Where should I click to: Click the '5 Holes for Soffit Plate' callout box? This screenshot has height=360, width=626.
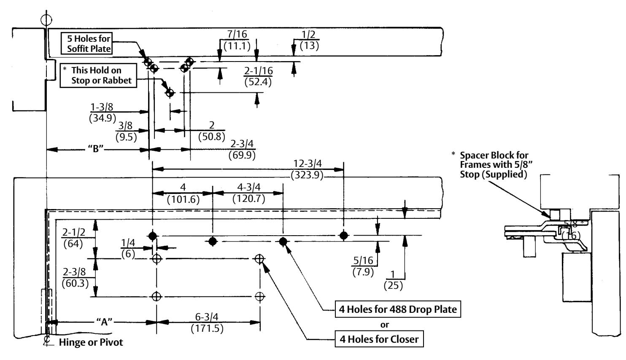pos(86,43)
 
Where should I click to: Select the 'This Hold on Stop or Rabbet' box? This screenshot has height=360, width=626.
pos(98,75)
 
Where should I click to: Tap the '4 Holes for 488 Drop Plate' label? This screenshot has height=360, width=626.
pos(398,309)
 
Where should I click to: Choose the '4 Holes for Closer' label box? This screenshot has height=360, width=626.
pos(379,339)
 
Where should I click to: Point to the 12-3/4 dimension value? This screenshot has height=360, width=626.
pos(308,164)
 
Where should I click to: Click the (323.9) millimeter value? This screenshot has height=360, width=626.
pos(307,175)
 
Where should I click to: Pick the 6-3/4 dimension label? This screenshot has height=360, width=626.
pos(207,317)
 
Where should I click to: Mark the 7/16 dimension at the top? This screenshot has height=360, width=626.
pos(237,34)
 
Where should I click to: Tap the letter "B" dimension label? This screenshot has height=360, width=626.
pos(96,149)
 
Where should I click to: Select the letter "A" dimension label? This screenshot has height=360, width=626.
pos(104,322)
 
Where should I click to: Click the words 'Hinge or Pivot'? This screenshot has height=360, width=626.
pos(91,342)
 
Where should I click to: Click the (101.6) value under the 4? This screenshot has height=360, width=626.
pos(183,200)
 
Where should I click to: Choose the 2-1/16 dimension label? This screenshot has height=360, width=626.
pos(259,71)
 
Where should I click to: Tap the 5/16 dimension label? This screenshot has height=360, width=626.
pos(363,260)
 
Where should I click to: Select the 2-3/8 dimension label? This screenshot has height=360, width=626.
pos(74,272)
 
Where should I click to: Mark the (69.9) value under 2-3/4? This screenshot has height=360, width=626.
pos(242,155)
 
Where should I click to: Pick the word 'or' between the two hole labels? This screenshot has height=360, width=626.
pos(385,325)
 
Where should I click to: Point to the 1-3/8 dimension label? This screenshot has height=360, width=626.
pos(102,107)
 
